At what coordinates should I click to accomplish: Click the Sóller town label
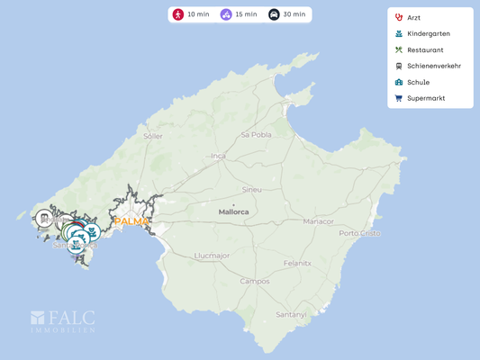point(153,136)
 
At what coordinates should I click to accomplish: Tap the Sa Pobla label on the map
point(256,134)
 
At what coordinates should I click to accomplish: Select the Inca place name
point(218,156)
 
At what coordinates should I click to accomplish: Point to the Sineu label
point(252,190)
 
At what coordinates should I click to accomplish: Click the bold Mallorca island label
point(233,211)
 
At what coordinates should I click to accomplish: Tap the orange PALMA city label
point(131,220)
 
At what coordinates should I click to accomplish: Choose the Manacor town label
point(318,220)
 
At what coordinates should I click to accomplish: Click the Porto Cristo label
point(359,233)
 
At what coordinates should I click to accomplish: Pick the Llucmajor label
point(213,256)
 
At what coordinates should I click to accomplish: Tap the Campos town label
point(255,281)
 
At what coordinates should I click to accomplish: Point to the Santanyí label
point(291,314)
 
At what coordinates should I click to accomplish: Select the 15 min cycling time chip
point(238,14)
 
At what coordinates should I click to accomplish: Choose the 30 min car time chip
point(287,14)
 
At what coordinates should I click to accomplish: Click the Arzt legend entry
point(413,17)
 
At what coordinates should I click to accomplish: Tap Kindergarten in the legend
point(428,33)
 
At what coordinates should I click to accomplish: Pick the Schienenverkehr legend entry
point(432,66)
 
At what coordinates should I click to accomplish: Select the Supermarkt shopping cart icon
point(398,98)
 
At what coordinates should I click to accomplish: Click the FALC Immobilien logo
point(63,321)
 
